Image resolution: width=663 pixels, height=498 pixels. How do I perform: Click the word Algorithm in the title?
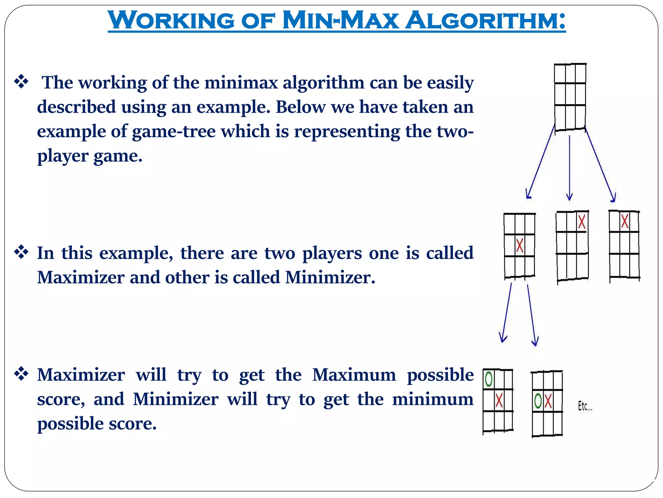point(485,20)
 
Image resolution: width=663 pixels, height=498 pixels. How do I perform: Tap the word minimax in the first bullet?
point(241,82)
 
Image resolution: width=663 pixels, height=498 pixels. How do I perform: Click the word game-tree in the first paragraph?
point(174,131)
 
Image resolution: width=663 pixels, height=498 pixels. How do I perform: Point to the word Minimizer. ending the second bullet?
point(330,278)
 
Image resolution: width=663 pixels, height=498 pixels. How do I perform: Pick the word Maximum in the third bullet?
point(354,375)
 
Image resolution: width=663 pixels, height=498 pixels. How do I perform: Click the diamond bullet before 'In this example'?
point(21,252)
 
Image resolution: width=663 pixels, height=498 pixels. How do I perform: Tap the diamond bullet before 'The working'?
point(21,81)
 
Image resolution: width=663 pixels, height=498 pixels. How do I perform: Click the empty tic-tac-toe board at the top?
point(570,97)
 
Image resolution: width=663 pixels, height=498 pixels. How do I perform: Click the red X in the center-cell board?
point(520,245)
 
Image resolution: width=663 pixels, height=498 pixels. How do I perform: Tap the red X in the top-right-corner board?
point(582,222)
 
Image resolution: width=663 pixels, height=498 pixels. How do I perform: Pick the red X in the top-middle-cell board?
point(624,221)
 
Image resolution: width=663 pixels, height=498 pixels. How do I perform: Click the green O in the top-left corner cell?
point(489,379)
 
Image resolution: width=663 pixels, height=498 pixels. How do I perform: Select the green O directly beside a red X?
point(538,401)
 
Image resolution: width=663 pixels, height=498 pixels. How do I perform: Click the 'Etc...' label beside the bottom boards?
point(585,406)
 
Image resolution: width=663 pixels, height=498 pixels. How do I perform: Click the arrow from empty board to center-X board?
point(541,162)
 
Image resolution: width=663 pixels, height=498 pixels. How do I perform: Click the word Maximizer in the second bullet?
point(81,278)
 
